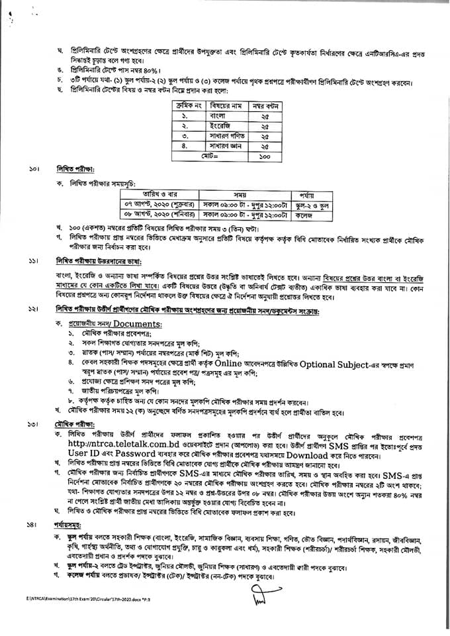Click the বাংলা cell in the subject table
coord(222,115)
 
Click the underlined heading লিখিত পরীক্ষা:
coord(75,170)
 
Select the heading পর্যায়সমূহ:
coord(75,543)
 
